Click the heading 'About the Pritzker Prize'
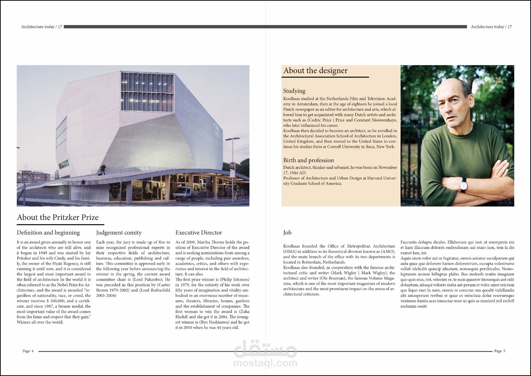point(58,217)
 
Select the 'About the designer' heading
point(315,71)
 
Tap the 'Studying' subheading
point(294,91)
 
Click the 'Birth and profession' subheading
point(308,160)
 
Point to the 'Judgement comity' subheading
point(119,233)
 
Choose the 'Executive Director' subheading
point(198,233)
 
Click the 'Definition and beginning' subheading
point(48,233)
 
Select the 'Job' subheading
point(287,233)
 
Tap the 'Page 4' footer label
point(28,351)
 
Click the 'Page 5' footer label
point(500,351)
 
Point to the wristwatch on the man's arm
point(464,184)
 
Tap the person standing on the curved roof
point(102,169)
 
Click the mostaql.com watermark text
point(265,363)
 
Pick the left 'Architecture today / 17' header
point(42,27)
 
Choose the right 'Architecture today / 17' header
point(491,27)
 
